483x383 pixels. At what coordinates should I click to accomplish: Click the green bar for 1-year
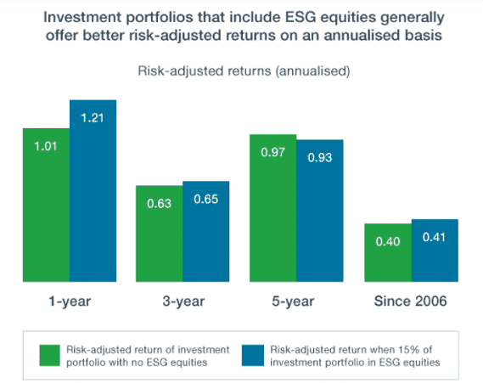46,205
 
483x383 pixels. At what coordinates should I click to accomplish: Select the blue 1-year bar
93,191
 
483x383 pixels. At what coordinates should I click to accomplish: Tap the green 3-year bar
160,234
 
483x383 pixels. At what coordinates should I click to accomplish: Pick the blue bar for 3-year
206,231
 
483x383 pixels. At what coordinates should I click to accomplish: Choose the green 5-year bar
273,208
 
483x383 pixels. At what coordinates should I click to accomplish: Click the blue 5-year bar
320,211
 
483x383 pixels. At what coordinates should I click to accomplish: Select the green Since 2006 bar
388,253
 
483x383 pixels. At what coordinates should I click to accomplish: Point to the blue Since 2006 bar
435,251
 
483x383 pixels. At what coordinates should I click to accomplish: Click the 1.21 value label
93,118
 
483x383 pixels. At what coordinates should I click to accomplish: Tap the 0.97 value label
273,152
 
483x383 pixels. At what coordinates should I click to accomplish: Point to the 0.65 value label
206,199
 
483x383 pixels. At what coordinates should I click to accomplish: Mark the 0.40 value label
388,241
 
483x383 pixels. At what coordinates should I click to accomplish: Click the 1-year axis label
70,301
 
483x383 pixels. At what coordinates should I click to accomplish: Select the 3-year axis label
183,301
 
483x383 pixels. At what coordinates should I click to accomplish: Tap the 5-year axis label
293,301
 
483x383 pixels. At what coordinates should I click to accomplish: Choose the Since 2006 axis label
410,301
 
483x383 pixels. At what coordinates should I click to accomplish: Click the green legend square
49,356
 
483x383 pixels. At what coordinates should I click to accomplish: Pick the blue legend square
253,356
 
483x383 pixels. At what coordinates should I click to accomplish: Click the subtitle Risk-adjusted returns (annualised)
244,71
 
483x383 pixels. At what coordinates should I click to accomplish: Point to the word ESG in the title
300,17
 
